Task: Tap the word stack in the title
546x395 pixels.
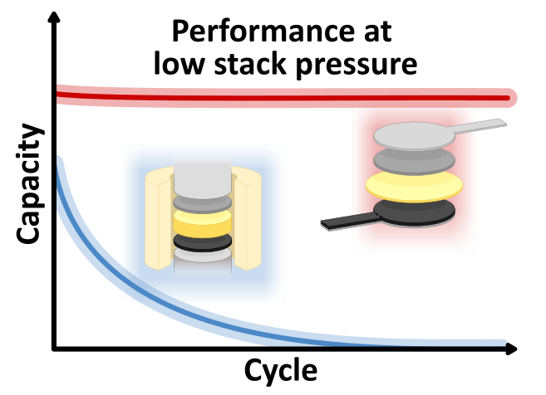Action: [x=250, y=63]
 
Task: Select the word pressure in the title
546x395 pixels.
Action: [x=357, y=66]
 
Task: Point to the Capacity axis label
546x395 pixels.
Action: [x=30, y=183]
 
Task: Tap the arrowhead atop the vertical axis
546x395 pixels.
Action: [x=54, y=17]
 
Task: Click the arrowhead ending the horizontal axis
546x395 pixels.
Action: [x=511, y=349]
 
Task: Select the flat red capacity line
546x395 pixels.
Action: [x=283, y=97]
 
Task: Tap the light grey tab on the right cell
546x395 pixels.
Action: [x=480, y=126]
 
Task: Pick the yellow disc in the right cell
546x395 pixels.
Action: [x=415, y=186]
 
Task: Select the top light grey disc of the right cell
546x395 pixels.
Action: [x=415, y=136]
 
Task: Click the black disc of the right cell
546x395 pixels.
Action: [x=415, y=212]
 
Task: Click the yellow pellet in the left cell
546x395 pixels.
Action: [x=202, y=223]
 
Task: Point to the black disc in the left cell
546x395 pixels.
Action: [x=202, y=242]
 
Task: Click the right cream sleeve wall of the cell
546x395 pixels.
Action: [x=247, y=218]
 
